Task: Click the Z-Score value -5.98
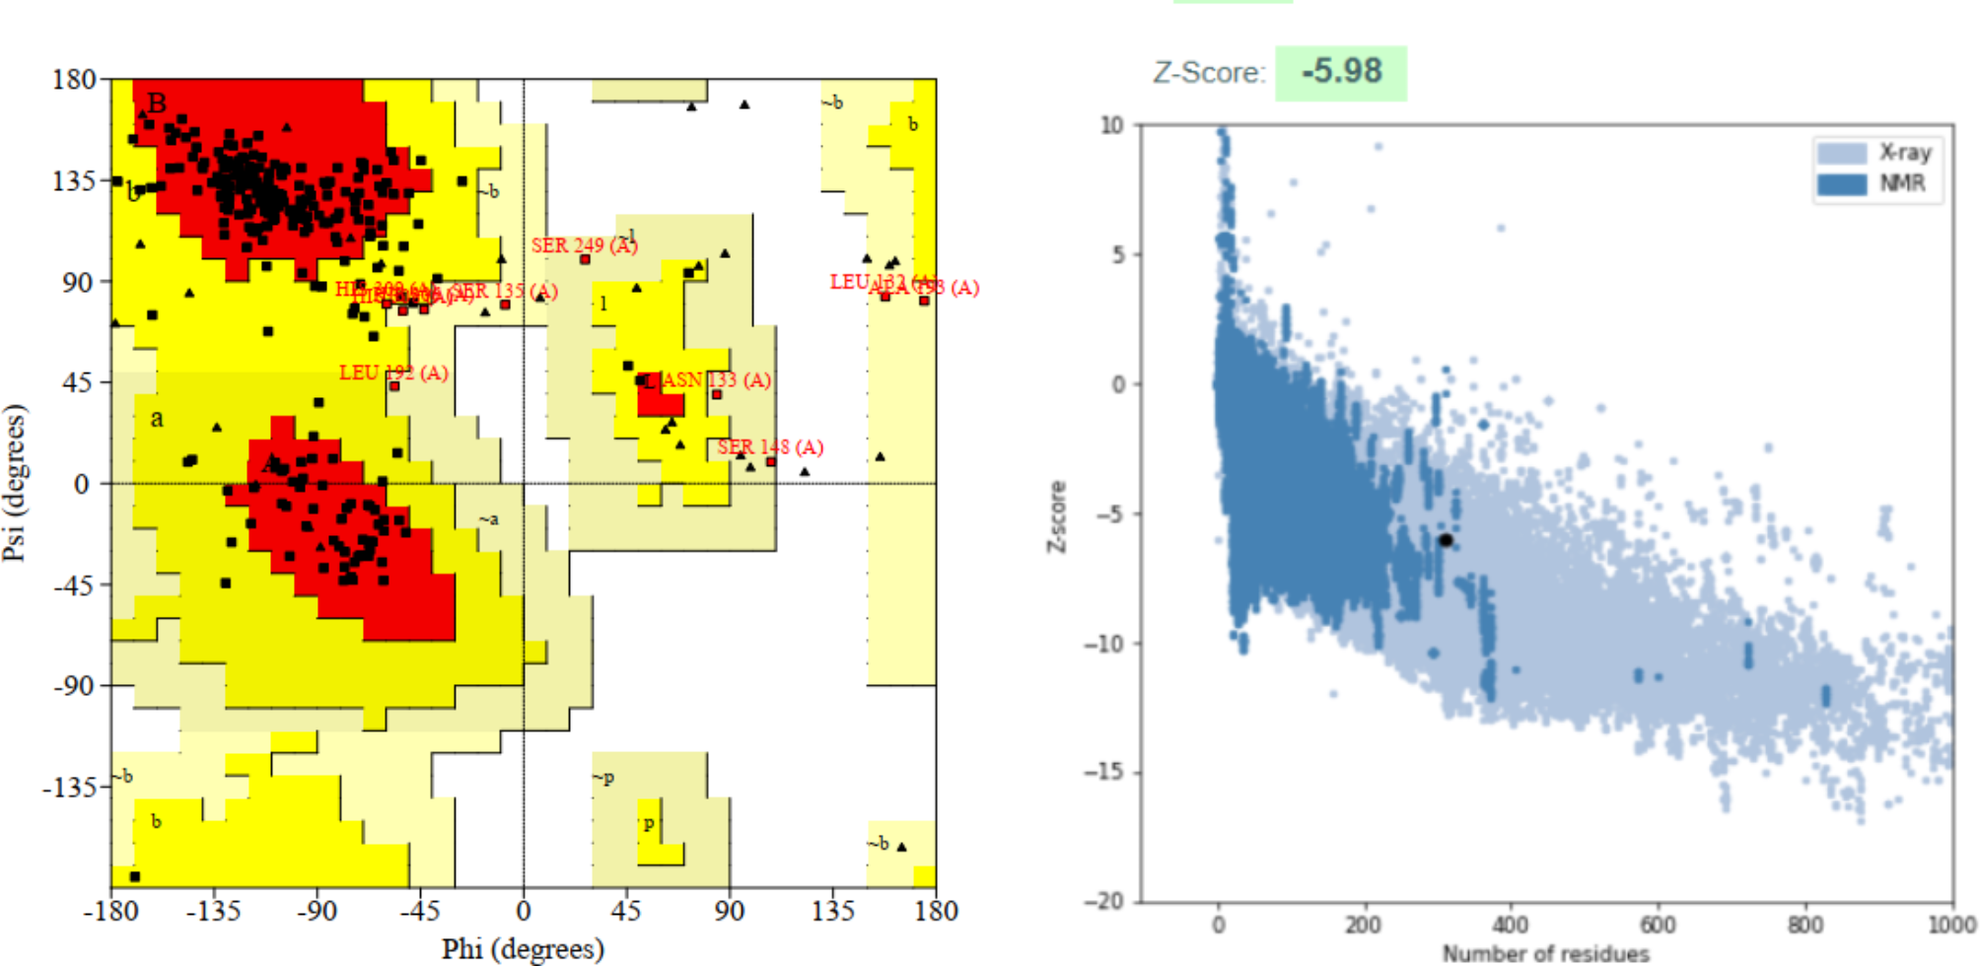click(x=1341, y=72)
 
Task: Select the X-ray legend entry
click(x=1903, y=153)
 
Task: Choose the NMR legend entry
click(x=1901, y=184)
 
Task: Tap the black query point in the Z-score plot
click(x=1446, y=540)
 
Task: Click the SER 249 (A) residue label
click(x=584, y=245)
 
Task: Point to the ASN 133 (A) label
click(x=716, y=380)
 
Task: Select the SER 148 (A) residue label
click(x=770, y=448)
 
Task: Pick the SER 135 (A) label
click(x=505, y=292)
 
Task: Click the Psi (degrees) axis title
click(x=14, y=483)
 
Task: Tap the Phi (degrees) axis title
click(x=523, y=948)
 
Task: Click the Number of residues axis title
click(x=1545, y=953)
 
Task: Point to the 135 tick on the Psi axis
click(x=75, y=181)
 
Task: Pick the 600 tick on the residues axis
click(x=1658, y=925)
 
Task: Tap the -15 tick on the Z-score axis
click(x=1104, y=772)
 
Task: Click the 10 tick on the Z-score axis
click(x=1111, y=125)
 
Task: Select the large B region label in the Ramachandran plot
click(x=157, y=103)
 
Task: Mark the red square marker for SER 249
click(x=585, y=259)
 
